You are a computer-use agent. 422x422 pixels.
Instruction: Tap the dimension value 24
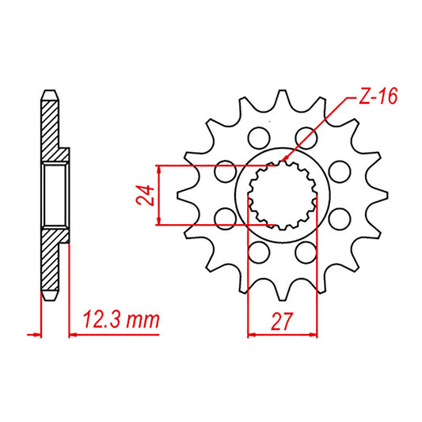(145, 196)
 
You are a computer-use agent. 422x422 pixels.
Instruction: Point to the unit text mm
(145, 321)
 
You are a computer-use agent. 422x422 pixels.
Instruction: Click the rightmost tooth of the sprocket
(383, 196)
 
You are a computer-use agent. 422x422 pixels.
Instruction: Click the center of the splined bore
(283, 196)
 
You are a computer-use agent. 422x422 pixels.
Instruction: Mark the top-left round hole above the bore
(257, 139)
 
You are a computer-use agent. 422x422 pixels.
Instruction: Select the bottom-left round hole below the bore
(257, 253)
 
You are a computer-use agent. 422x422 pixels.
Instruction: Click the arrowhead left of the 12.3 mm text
(74, 334)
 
